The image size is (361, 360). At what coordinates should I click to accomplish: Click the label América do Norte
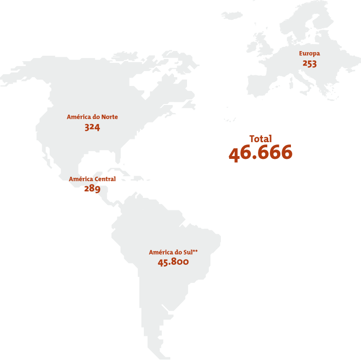coord(92,117)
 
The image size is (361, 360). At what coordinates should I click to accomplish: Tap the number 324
coord(92,127)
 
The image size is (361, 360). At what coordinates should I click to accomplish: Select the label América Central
coord(92,179)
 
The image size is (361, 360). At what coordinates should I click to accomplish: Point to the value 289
coord(92,189)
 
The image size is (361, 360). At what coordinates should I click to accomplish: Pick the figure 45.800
coord(173,262)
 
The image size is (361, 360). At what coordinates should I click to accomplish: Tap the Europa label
coord(309,54)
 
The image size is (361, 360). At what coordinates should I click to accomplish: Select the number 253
coord(309,64)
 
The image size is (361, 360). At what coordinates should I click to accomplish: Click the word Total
coord(260,138)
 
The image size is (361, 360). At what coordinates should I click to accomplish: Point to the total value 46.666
coord(260,153)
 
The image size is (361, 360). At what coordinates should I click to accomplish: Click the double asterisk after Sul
coord(195,251)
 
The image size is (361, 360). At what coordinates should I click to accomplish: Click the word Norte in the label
coord(110,117)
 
